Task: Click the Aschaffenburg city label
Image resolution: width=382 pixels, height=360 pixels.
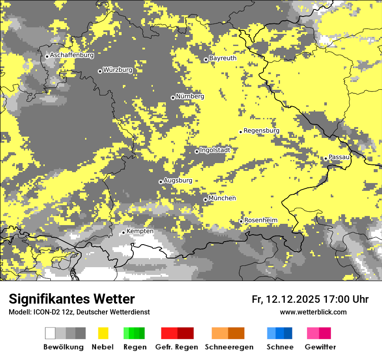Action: click(x=72, y=56)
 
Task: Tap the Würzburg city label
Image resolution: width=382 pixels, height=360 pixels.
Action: click(x=118, y=70)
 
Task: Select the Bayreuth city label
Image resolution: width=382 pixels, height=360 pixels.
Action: click(x=223, y=58)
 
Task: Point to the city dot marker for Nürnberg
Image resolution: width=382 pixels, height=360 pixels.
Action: click(x=173, y=98)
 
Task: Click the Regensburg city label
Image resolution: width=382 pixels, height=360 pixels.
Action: click(x=261, y=131)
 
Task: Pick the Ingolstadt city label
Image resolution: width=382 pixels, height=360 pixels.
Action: click(x=215, y=150)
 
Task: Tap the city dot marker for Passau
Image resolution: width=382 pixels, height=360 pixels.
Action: click(x=326, y=158)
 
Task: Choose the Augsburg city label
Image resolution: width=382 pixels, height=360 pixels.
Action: click(x=178, y=180)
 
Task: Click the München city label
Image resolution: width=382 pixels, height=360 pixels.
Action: click(x=222, y=198)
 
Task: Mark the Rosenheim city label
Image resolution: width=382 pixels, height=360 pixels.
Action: click(x=260, y=220)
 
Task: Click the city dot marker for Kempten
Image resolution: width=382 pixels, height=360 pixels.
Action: click(x=123, y=232)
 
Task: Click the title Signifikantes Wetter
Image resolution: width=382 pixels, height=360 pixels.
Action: click(x=72, y=299)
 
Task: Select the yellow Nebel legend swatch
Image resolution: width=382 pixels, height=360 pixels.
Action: click(x=103, y=333)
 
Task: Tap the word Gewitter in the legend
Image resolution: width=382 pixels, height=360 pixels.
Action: click(x=320, y=347)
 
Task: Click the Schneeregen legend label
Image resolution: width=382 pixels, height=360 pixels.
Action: click(x=229, y=347)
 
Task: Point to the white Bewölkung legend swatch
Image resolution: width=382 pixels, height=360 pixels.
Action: click(x=50, y=333)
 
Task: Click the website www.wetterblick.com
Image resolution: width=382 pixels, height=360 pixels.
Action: click(x=313, y=312)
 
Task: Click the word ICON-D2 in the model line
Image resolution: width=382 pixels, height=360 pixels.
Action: click(x=44, y=312)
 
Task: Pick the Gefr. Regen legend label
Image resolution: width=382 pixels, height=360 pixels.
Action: click(x=177, y=347)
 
